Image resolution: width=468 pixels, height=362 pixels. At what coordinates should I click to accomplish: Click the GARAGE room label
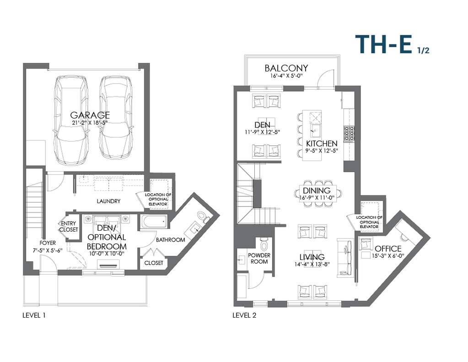pos(90,115)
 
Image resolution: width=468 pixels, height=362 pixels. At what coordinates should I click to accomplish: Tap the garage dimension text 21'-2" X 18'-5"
pos(90,123)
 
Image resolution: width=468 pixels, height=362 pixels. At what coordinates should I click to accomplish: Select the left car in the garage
pos(71,120)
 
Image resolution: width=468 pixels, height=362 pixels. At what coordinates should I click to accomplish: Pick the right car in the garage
pos(115,117)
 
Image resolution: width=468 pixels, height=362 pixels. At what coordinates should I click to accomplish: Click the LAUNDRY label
pos(108,201)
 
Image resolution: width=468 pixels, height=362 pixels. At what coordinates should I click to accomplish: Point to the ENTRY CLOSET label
pos(68,227)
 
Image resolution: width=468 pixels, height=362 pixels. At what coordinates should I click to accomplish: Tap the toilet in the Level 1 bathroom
pos(203,217)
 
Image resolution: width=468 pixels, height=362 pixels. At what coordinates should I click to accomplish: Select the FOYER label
pos(48,243)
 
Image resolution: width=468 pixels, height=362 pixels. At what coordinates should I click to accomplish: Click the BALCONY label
pos(286,68)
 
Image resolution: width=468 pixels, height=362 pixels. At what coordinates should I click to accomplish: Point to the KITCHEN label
pos(322,143)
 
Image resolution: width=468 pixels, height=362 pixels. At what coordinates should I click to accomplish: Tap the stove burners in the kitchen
pos(349,133)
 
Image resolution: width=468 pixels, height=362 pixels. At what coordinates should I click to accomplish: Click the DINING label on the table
pos(317,190)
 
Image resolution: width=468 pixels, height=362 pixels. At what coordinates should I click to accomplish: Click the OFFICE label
pos(388,249)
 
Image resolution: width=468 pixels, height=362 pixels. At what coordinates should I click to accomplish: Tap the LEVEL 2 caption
pos(244,315)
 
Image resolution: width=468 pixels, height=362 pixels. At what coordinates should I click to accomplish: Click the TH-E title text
pos(384,44)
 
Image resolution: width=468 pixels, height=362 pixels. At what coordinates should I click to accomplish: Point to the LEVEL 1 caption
pos(34,315)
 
